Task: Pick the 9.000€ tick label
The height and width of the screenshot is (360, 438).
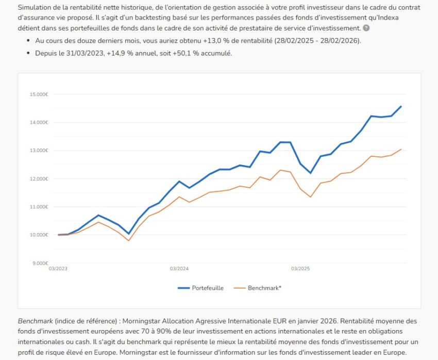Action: (39, 263)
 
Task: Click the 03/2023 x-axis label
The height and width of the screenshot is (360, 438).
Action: (58, 269)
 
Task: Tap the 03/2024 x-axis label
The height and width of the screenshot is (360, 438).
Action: (179, 269)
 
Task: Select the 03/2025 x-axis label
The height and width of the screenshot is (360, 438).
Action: (300, 269)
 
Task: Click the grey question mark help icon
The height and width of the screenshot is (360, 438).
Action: (366, 28)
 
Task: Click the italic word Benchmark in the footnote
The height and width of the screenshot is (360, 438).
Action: (35, 321)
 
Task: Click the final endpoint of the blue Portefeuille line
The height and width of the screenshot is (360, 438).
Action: (401, 106)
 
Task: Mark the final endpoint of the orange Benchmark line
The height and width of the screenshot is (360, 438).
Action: (401, 149)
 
